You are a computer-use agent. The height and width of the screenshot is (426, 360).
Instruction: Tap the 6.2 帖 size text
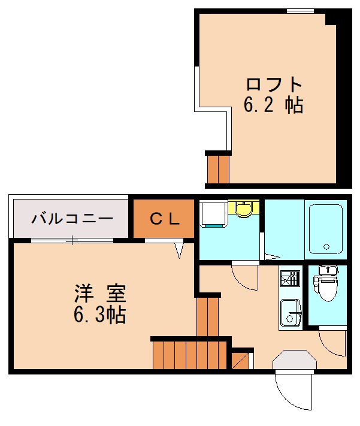[x=273, y=105]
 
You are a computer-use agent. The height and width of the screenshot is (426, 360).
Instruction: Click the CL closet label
[x=164, y=219]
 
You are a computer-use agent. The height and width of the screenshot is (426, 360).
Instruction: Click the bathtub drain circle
[x=326, y=246]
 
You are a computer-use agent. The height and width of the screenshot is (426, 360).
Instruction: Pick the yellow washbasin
[x=243, y=209]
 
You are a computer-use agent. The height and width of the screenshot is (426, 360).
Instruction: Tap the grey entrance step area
[x=294, y=361]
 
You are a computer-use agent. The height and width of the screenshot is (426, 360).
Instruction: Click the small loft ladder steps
[x=218, y=169]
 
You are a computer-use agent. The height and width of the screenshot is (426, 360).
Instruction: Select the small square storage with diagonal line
[x=242, y=359]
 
